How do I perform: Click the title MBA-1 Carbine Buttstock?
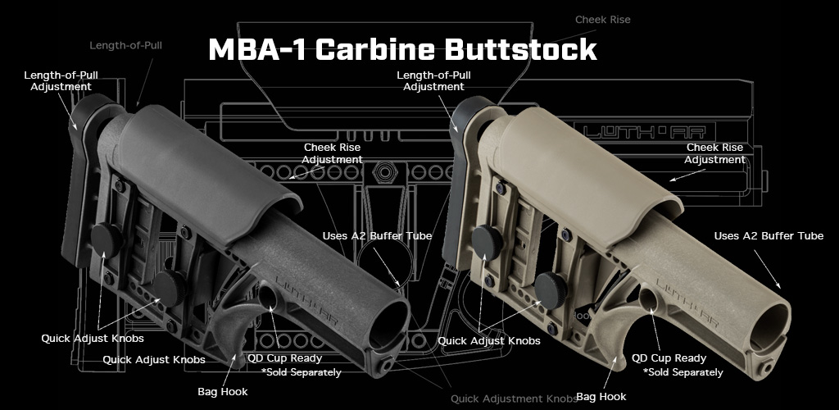pos(402,49)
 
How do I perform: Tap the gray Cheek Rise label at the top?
pos(602,19)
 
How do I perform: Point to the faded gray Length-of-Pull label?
pos(125,45)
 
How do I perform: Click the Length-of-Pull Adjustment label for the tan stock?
pos(433,80)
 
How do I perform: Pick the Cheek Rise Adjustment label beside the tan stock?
pos(715,153)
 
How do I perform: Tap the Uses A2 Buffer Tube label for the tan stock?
pos(769,236)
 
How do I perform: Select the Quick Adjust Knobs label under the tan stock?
pos(489,340)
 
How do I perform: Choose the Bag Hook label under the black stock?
pos(223,392)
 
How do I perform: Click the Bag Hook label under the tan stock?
pos(601,397)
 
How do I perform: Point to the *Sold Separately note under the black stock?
pos(302,372)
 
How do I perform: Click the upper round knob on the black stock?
pos(106,239)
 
